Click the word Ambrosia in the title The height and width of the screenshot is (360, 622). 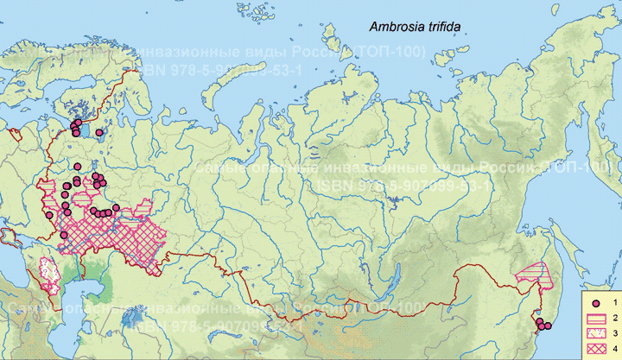[x=392, y=28]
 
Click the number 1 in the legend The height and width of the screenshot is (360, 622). [x=613, y=303]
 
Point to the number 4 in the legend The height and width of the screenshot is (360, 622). [x=613, y=348]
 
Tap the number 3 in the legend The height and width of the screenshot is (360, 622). [x=613, y=333]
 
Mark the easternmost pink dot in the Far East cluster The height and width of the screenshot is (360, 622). [x=548, y=326]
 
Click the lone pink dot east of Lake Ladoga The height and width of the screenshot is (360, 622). [x=100, y=133]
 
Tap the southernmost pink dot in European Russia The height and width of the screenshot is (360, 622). [x=50, y=215]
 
